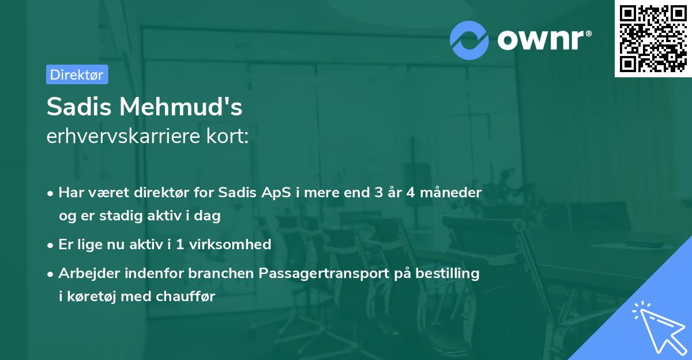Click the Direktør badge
pos(77,74)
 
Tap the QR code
pos(653,39)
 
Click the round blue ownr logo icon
pos(469,40)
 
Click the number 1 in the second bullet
pos(180,244)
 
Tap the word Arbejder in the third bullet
pos(84,273)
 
